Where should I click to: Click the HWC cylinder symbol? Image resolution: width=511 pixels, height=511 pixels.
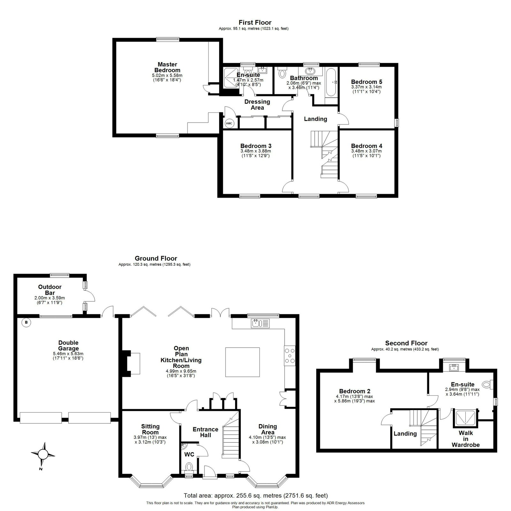[229, 123]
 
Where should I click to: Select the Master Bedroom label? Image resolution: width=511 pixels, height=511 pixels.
[167, 67]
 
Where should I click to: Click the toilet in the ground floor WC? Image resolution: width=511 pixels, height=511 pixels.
[189, 467]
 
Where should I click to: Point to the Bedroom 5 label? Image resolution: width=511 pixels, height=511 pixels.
[366, 82]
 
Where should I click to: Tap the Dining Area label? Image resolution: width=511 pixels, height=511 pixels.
[268, 429]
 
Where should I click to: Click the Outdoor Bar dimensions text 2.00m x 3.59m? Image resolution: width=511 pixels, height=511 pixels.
[50, 298]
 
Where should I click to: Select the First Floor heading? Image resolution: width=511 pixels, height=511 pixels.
[255, 22]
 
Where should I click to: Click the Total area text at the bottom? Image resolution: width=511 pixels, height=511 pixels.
[256, 487]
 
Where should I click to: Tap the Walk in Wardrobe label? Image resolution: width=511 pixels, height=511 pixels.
[466, 439]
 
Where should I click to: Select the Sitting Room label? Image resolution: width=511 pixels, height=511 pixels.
[150, 429]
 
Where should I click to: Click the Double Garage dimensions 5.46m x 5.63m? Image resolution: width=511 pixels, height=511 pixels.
[68, 354]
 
